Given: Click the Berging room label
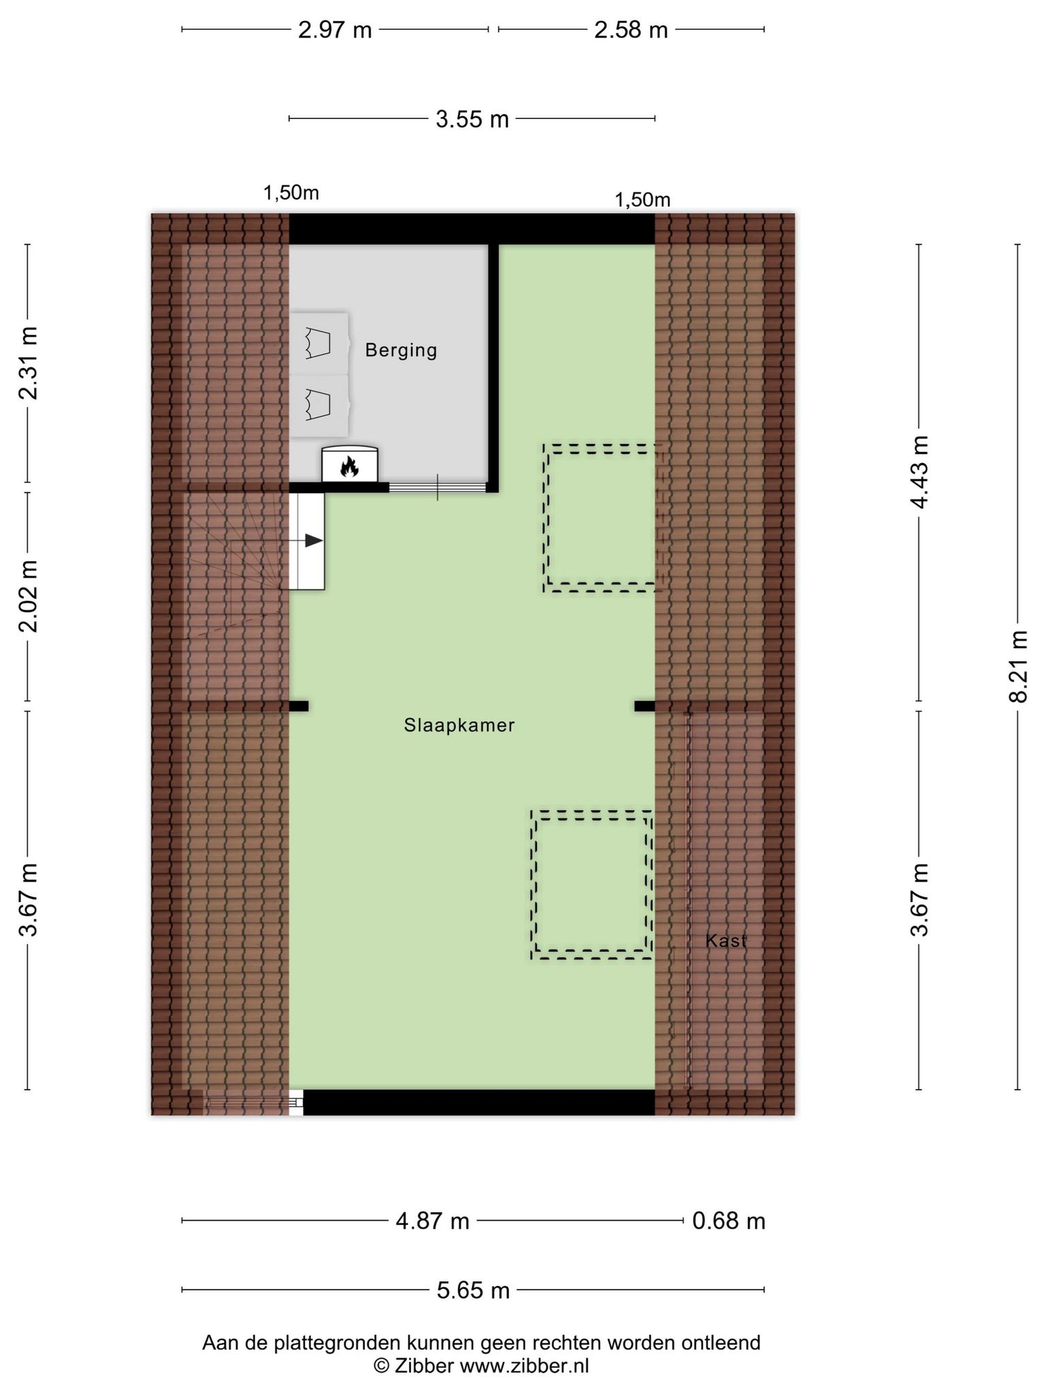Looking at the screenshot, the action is point(401,350).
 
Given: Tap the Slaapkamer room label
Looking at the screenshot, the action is point(459,726).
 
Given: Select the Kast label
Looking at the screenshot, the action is point(726,941).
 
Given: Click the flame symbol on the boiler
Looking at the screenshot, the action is point(350,467).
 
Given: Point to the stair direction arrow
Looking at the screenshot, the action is point(306,541).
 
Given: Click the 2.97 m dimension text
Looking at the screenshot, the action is point(335,31).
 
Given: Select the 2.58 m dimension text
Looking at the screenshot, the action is point(631,31).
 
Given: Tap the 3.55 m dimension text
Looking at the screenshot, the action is point(472,120).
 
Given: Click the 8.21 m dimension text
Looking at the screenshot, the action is point(1018,667).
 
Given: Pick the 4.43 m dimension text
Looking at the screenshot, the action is point(920,472).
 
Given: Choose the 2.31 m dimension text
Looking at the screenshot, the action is point(29,363).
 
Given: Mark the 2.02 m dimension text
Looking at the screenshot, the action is point(29,597).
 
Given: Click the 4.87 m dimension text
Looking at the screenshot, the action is point(433,1222).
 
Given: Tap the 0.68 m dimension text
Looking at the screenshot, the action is point(729,1222).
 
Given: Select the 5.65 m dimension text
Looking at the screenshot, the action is point(473,1290).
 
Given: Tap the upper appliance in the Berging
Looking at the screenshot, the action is point(319,343).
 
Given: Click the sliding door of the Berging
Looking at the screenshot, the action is point(437,487).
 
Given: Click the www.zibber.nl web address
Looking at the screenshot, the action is point(524,1365).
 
